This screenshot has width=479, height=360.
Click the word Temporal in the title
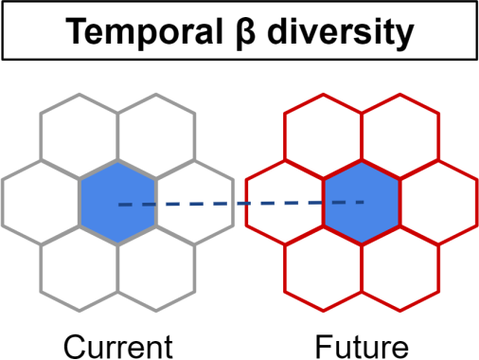[x=144, y=32]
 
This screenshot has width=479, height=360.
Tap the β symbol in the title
[x=245, y=32]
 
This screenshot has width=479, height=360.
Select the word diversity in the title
[x=340, y=32]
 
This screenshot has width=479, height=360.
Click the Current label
[x=118, y=347]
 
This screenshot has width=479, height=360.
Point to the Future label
[x=362, y=347]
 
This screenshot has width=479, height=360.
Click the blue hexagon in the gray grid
[x=117, y=202]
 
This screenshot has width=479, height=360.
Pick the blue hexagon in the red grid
[x=362, y=202]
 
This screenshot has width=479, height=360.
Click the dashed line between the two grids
[x=241, y=204]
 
